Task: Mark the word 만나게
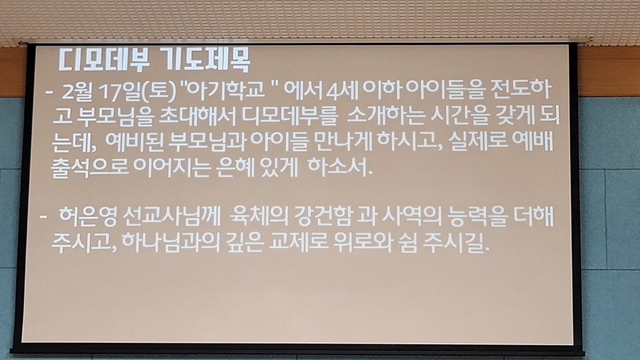click(x=344, y=141)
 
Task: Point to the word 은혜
click(x=235, y=167)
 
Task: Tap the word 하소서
click(x=340, y=167)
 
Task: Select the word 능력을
click(x=477, y=216)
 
